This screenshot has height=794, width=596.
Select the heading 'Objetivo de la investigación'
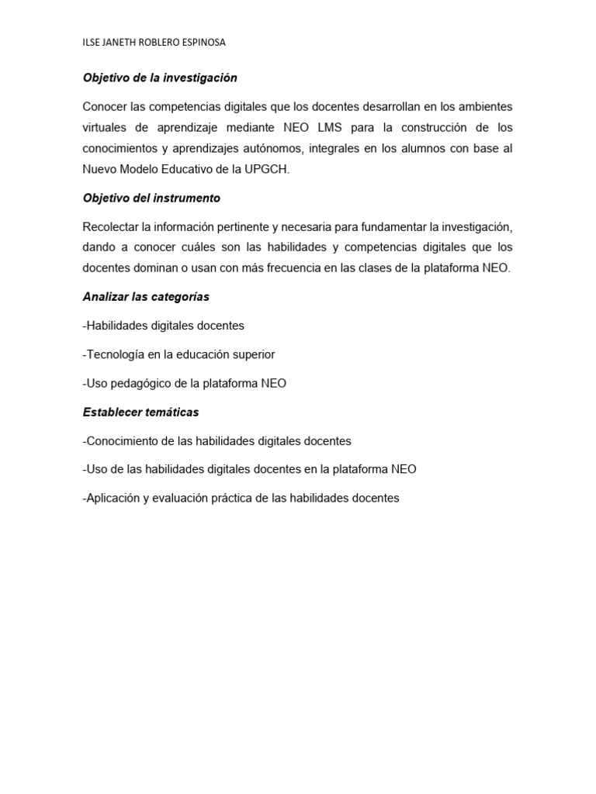160,78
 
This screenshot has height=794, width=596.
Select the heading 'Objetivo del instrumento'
151,198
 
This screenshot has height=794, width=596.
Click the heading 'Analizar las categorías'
146,297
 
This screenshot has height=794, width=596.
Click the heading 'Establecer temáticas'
140,412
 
